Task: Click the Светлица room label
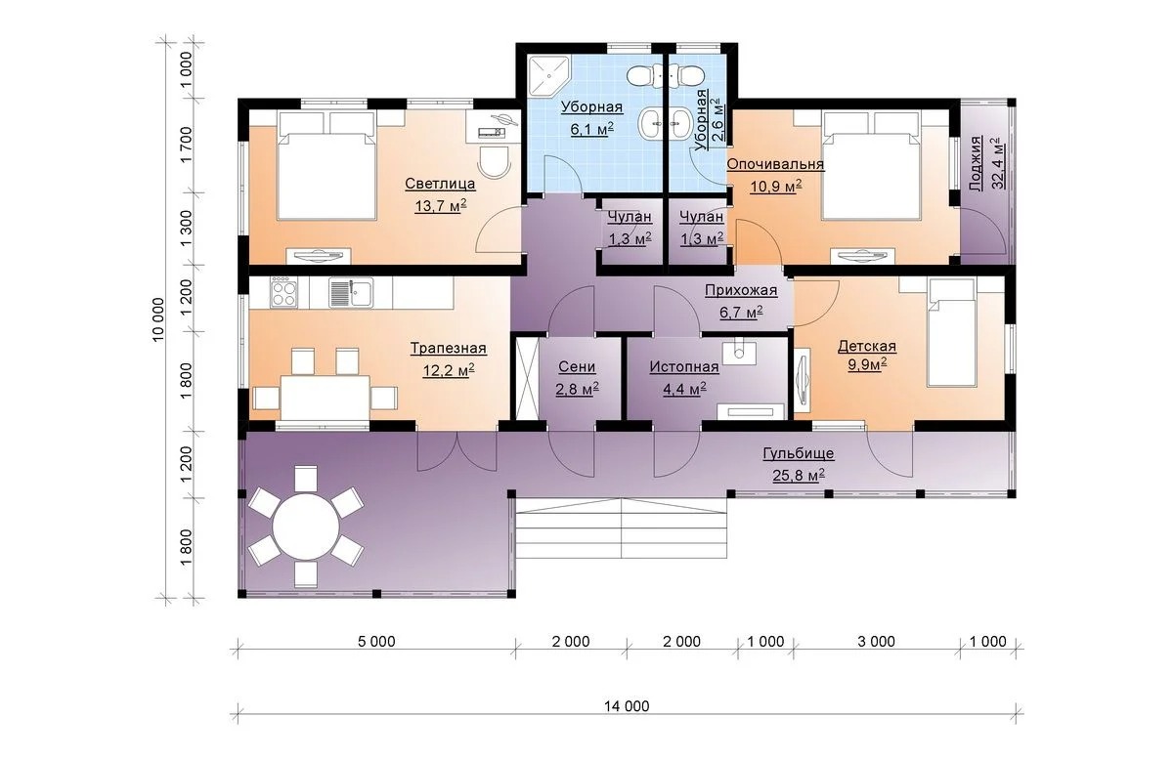[440, 184]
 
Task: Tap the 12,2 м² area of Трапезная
[449, 370]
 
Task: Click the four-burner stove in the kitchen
[282, 293]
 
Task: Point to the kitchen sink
[351, 292]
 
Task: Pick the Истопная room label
[684, 367]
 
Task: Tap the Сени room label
[577, 367]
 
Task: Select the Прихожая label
[741, 290]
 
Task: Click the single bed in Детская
[951, 332]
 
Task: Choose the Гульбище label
[798, 453]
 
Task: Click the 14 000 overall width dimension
[627, 706]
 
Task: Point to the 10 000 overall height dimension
[158, 319]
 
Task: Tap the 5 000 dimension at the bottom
[376, 641]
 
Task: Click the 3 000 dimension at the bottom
[876, 641]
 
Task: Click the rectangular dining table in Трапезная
[325, 398]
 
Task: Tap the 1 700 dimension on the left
[186, 145]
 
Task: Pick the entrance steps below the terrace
[622, 528]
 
